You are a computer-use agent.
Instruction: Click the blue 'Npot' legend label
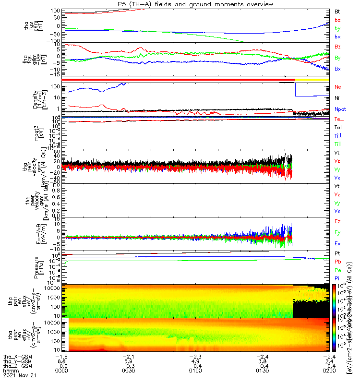[340, 110]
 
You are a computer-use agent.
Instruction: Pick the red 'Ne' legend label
[337, 87]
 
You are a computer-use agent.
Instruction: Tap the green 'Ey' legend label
[337, 232]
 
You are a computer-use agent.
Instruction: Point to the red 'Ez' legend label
[337, 221]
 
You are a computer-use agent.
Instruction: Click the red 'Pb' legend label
[337, 262]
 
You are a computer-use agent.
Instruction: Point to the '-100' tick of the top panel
[53, 42]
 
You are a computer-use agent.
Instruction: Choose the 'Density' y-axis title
[36, 99]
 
